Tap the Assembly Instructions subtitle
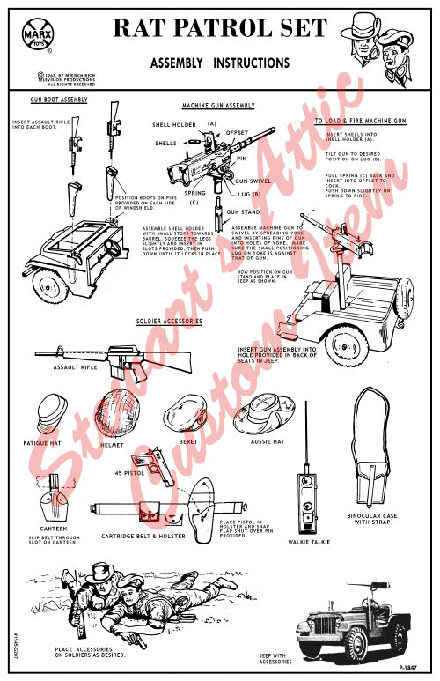click(x=219, y=63)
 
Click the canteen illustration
click(x=56, y=501)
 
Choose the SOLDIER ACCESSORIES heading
click(x=169, y=321)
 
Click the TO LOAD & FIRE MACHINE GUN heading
click(x=361, y=120)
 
